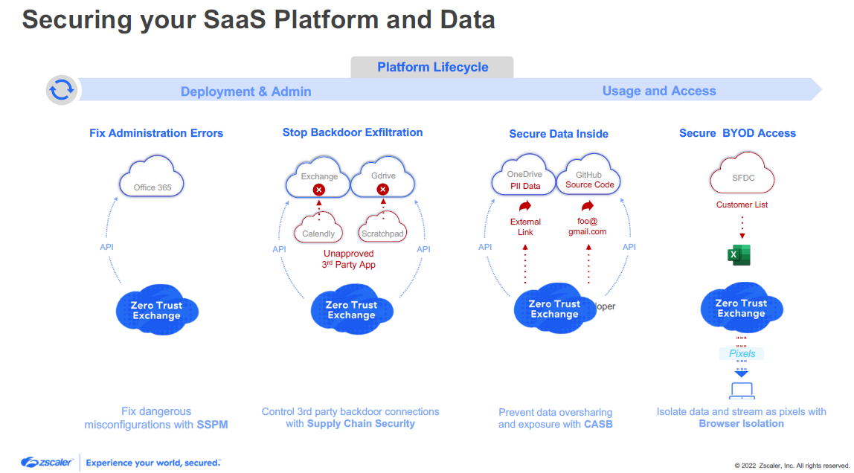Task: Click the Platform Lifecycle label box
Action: click(x=432, y=67)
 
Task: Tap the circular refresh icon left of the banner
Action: click(x=62, y=91)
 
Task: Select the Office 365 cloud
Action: click(x=152, y=178)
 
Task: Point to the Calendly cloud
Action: click(x=318, y=228)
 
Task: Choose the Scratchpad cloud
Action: click(x=382, y=228)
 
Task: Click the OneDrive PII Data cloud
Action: click(x=524, y=178)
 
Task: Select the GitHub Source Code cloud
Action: click(x=588, y=178)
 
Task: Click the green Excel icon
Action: click(x=739, y=254)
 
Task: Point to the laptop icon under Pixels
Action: click(x=741, y=390)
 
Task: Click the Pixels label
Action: click(x=742, y=353)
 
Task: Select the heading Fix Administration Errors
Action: click(x=156, y=133)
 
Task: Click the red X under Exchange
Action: click(x=319, y=190)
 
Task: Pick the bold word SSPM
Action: click(x=212, y=425)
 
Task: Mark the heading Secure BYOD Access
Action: click(x=737, y=133)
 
